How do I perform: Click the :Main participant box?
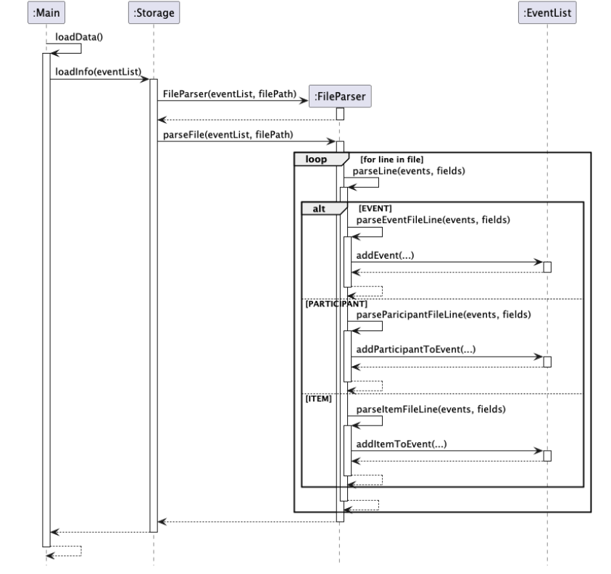coord(46,12)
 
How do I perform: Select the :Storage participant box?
coord(153,12)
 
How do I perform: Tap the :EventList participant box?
coord(547,12)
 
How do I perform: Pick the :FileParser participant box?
coord(339,96)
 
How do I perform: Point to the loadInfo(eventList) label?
coord(98,71)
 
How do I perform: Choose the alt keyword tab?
coord(319,208)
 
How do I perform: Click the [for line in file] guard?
coord(391,157)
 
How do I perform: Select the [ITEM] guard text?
coord(317,398)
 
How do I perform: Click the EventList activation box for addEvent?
coord(547,266)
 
